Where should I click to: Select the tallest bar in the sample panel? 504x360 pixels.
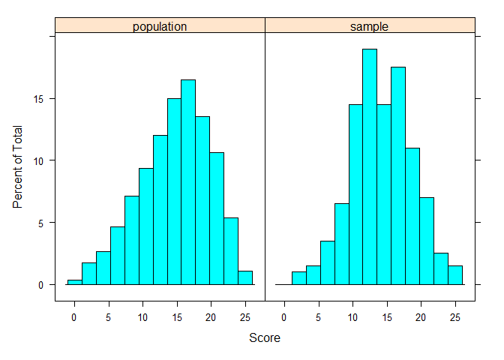[369, 166]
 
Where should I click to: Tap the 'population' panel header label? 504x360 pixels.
[160, 27]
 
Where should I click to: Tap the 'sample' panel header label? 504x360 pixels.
[370, 27]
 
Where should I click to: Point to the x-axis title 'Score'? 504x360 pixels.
[264, 338]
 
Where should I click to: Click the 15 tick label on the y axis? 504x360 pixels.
[42, 99]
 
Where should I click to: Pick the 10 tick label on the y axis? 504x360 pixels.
[42, 160]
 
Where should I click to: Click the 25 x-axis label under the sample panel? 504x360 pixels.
[454, 316]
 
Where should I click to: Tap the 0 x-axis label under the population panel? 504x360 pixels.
[74, 316]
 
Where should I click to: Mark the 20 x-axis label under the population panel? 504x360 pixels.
[211, 316]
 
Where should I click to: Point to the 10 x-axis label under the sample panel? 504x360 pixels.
[352, 316]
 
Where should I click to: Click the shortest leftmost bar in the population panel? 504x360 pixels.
[74, 282]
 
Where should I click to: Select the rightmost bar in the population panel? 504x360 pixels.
[245, 277]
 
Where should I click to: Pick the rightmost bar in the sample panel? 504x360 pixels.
[455, 275]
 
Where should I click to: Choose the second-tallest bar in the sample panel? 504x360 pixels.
[397, 176]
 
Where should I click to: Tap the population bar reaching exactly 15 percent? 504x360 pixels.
[174, 191]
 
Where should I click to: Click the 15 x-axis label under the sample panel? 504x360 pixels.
[386, 316]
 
